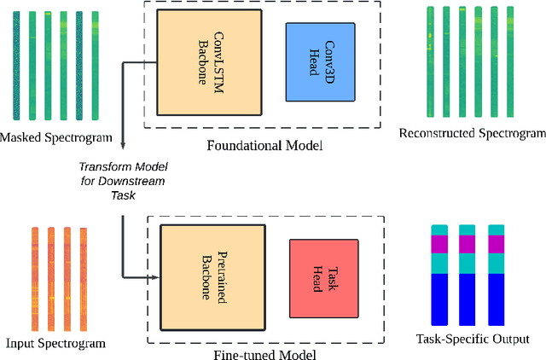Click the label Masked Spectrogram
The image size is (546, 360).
(x=57, y=137)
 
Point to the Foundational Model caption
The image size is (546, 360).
(x=264, y=145)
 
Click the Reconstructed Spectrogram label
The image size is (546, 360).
(x=472, y=134)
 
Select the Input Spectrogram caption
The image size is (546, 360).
(x=55, y=343)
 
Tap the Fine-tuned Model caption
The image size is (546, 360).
(x=265, y=354)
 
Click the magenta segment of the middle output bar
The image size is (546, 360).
(x=467, y=244)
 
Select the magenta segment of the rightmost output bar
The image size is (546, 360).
(x=496, y=244)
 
